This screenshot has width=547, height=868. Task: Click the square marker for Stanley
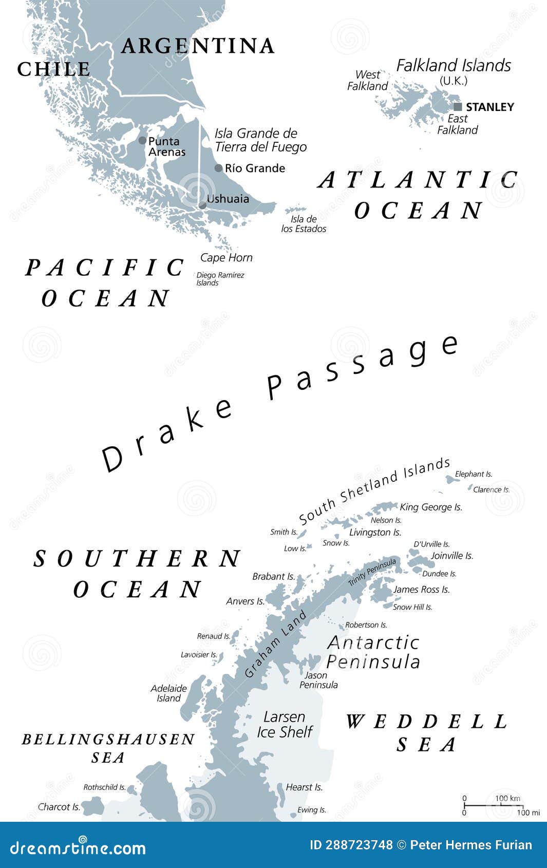[x=458, y=107]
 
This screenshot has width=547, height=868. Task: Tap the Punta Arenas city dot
[x=142, y=140]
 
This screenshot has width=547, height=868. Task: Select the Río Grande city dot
[x=218, y=168]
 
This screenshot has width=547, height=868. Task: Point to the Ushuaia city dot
[x=202, y=205]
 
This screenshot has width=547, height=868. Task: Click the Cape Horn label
[x=226, y=257]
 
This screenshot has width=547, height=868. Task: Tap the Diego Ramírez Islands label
[x=220, y=279]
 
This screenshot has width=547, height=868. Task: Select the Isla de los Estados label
[x=304, y=224]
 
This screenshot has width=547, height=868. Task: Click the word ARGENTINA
[x=197, y=46]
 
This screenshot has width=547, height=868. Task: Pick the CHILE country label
[x=54, y=69]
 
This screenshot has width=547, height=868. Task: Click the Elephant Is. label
[x=473, y=474]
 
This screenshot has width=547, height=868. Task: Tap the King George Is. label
[x=431, y=507]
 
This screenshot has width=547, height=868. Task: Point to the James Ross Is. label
[x=421, y=590]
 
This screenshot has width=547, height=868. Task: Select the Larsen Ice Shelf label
[x=285, y=724]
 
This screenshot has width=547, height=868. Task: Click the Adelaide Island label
[x=168, y=693]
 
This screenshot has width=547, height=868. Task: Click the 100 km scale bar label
[x=507, y=798]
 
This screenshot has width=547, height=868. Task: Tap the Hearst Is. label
[x=304, y=787]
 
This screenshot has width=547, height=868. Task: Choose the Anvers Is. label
[x=245, y=601]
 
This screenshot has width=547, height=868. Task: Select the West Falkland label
[x=367, y=81]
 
